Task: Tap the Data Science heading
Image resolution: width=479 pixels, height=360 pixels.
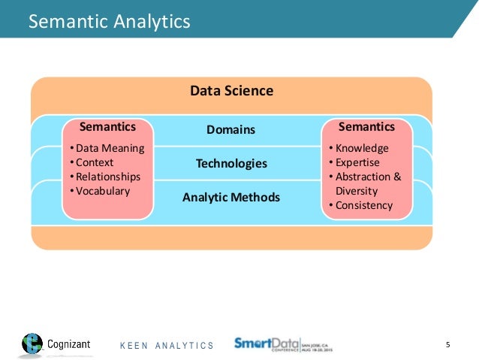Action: coord(231,91)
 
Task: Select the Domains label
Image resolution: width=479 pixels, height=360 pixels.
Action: coord(230,130)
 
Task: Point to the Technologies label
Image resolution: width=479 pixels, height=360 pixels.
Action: coord(231,163)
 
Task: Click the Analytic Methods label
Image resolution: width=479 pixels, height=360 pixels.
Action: coord(230,198)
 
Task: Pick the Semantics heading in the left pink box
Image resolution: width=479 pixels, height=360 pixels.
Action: coord(107,127)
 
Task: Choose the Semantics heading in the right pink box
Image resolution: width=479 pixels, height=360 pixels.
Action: coord(367,127)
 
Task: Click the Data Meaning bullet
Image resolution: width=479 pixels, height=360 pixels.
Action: coord(107,148)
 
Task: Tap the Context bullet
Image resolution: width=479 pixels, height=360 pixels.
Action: coord(93,162)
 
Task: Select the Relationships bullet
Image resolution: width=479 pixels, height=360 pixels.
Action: coord(107,177)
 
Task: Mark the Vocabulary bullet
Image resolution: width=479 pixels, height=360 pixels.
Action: coord(101,191)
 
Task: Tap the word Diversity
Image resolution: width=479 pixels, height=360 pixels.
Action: coord(357,191)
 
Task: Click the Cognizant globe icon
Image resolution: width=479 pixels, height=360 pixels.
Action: coord(32,344)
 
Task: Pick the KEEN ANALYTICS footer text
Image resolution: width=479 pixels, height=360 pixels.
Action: coord(167,346)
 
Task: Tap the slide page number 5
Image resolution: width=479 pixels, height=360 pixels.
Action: coord(447,345)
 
